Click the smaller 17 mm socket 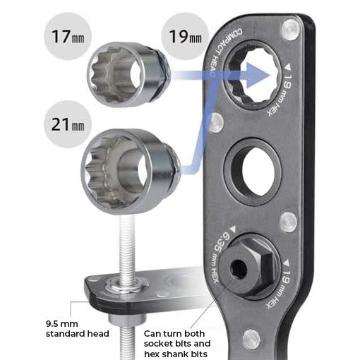pyautogui.click(x=127, y=71)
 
